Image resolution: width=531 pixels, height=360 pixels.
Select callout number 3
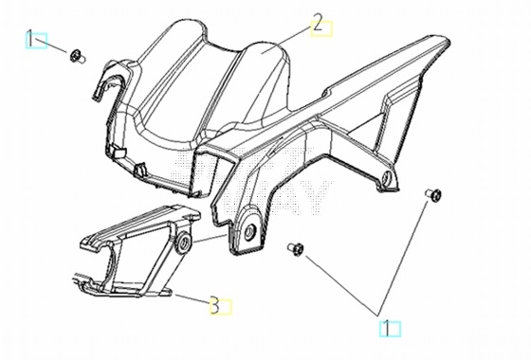214,305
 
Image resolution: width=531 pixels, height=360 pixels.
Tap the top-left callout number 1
30,39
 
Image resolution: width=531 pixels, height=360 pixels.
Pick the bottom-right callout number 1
385,329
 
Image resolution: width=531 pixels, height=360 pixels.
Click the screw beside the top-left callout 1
78,56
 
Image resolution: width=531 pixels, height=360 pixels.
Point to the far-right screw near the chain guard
434,194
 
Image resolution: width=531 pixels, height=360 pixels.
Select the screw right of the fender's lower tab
295,249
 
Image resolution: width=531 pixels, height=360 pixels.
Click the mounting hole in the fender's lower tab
250,232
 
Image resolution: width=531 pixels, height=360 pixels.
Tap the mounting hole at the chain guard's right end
387,178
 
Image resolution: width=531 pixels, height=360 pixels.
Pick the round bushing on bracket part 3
184,243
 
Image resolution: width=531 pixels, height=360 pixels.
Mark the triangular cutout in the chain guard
366,126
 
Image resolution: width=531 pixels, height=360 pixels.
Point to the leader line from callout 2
286,39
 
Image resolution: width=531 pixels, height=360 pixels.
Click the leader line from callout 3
191,297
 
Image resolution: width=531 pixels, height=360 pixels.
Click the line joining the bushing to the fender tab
210,238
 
